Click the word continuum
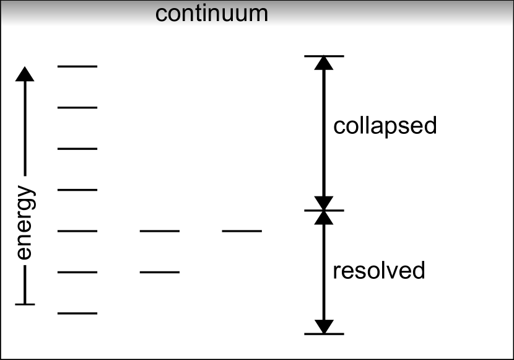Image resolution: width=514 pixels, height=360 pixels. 211,13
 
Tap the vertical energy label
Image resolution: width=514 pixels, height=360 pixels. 25,223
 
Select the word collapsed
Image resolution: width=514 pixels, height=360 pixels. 385,126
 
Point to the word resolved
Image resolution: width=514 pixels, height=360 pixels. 378,271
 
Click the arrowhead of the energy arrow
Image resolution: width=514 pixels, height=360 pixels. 25,74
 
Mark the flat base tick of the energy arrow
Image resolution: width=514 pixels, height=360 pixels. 25,304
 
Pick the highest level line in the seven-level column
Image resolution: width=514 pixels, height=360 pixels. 77,66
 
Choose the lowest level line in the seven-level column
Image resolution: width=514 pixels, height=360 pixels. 77,314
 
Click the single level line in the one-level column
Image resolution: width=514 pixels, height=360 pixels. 242,231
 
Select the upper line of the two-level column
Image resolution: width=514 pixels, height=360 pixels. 160,231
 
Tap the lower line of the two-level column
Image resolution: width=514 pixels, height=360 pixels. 160,272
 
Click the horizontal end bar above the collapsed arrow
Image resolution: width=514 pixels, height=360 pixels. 324,56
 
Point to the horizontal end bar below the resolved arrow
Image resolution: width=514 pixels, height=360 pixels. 324,334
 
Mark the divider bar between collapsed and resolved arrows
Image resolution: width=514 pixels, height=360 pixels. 324,211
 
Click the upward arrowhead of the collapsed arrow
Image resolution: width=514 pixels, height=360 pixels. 324,63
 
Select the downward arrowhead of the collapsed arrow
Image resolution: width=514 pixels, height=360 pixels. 324,203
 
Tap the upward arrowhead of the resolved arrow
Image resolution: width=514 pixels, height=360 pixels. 324,217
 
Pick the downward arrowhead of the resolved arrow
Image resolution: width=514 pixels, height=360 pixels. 324,327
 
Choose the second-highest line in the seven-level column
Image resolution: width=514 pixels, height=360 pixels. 77,107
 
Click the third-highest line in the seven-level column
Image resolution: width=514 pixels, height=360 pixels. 77,149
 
